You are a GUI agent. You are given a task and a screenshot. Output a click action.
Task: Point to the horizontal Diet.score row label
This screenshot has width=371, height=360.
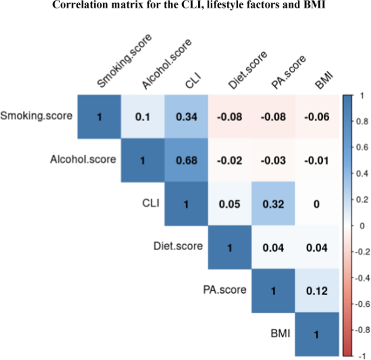178,246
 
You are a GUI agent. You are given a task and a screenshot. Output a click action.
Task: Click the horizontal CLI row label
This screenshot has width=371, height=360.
151,203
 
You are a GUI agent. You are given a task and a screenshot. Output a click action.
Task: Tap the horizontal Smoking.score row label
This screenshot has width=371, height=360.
37,115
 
